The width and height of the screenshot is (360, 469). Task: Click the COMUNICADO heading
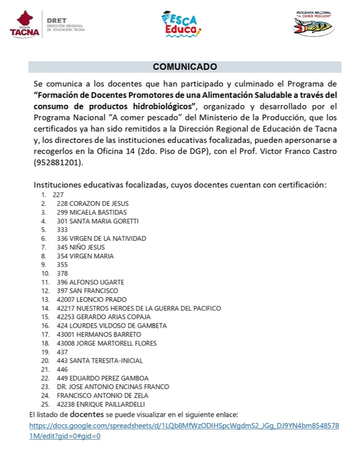coord(185,67)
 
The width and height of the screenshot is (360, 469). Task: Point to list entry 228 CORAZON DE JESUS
coord(92,203)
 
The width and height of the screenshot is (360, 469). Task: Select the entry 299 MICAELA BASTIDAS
coord(91,212)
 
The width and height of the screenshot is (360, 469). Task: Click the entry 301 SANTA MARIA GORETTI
coord(97,221)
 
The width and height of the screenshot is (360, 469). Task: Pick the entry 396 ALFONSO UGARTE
coord(90,282)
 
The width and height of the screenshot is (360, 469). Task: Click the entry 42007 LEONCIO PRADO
coord(92,300)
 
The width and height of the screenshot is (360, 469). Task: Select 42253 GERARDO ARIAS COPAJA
coord(104,317)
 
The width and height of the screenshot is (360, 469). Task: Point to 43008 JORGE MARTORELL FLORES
coord(107,343)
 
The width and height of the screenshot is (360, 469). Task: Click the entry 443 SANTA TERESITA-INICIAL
coord(100,361)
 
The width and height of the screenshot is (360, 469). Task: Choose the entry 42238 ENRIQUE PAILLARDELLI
coord(101,404)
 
